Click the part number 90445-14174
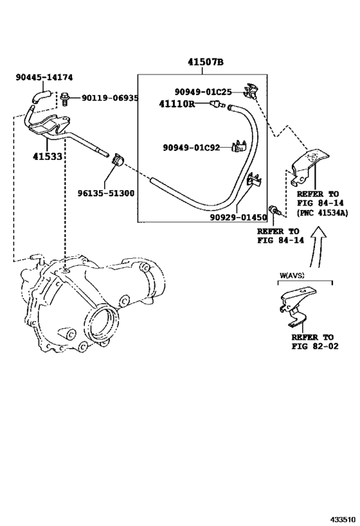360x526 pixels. click(x=44, y=77)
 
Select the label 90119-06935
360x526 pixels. click(x=110, y=98)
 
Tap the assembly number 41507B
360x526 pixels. click(x=206, y=62)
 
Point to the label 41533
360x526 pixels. click(x=48, y=156)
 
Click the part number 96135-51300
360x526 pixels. click(x=106, y=193)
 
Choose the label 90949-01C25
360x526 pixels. click(x=203, y=92)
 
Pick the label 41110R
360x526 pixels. click(x=177, y=104)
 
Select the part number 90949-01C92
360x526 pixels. click(x=192, y=148)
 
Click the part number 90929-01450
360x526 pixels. click(x=239, y=217)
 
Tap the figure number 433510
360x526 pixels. click(x=343, y=520)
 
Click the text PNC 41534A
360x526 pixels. click(x=322, y=213)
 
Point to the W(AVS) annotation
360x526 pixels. click(x=292, y=276)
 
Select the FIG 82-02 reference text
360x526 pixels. click(x=315, y=346)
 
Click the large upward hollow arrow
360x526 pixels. click(x=316, y=247)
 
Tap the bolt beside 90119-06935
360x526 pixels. click(x=65, y=98)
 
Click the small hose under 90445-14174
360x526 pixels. click(x=40, y=95)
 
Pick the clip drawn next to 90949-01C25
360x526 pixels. click(x=251, y=91)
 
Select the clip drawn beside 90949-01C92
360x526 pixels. click(x=239, y=146)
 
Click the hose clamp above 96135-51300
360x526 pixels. click(x=118, y=159)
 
